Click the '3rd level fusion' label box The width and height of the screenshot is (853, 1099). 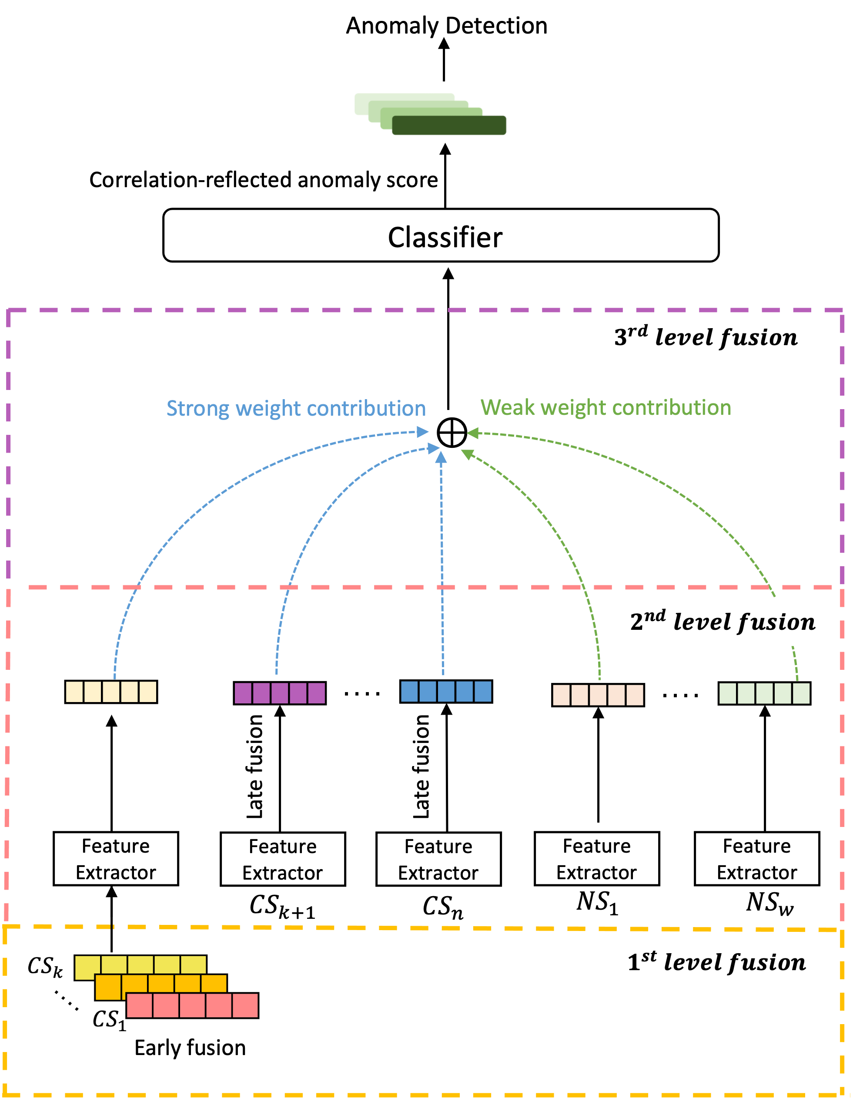click(710, 336)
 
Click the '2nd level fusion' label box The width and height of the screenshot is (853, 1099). click(713, 622)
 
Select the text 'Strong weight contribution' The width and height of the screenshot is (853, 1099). click(296, 409)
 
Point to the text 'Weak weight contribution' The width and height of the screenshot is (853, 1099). click(605, 407)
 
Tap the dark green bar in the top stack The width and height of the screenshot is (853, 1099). click(449, 125)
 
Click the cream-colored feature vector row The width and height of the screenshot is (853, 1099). click(111, 692)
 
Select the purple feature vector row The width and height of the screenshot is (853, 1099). click(280, 693)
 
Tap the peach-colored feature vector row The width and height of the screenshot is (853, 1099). click(598, 695)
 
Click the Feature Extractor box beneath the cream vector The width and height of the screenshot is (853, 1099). click(116, 859)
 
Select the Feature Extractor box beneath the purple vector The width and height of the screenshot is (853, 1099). click(283, 860)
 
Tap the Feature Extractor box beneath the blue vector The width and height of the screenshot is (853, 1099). click(438, 860)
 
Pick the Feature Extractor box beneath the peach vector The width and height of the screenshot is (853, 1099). click(596, 859)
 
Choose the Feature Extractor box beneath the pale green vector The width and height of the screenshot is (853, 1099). click(757, 859)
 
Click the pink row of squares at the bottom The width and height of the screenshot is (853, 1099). click(192, 1005)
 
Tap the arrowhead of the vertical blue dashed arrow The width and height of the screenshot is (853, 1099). click(441, 457)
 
